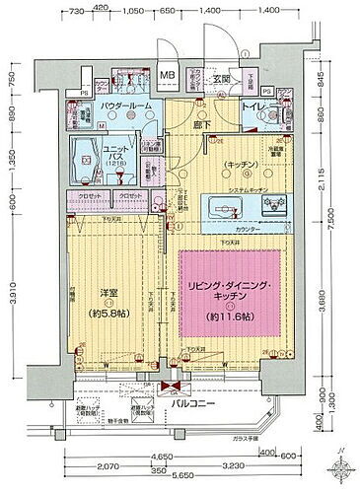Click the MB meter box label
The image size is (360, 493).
point(169,75)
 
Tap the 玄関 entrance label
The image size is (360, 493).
point(225,78)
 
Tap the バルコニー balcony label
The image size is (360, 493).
point(206,404)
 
